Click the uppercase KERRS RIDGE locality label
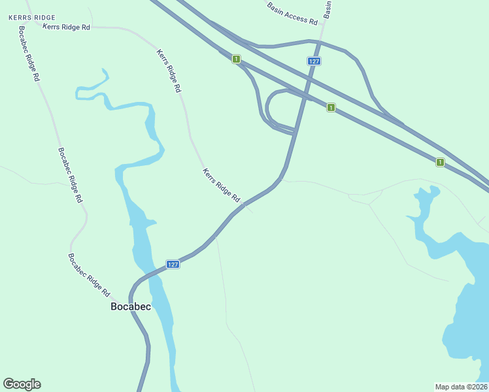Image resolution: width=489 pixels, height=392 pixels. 32,17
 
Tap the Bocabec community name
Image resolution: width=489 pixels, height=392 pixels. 131,306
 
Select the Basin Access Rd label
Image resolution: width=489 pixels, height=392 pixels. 292,13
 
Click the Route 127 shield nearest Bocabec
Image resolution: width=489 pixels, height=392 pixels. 172,264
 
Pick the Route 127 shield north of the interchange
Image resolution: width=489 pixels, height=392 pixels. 314,61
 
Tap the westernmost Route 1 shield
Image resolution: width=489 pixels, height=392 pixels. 236,59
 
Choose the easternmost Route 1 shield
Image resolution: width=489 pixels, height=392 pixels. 440,162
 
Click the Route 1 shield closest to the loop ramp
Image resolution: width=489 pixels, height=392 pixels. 331,107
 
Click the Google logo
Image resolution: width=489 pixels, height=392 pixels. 22,384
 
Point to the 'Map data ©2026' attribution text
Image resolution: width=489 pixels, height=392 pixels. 461,386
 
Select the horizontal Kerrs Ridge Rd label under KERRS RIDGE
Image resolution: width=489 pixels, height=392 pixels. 66,27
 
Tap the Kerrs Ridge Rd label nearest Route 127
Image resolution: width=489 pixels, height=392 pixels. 222,185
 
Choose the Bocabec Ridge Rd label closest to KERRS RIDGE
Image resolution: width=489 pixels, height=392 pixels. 29,52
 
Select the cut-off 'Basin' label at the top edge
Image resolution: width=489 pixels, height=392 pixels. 328,8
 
